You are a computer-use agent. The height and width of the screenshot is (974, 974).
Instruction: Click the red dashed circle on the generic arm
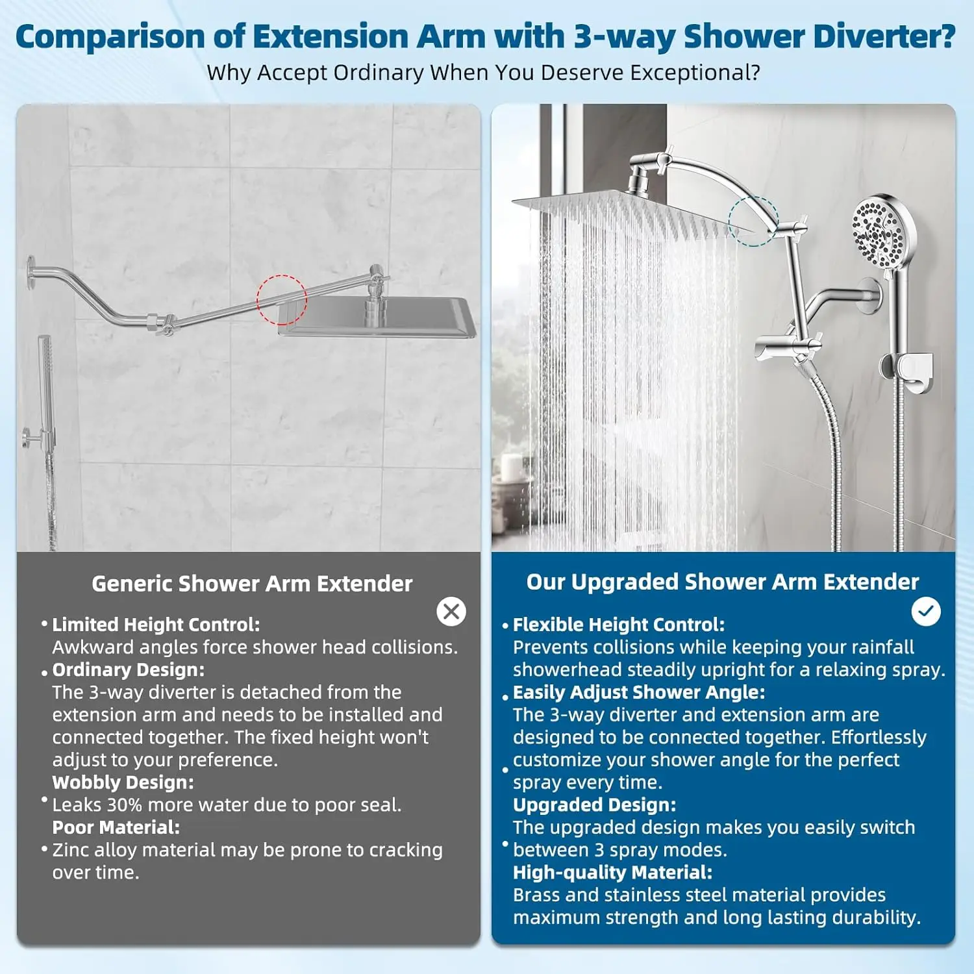click(x=281, y=300)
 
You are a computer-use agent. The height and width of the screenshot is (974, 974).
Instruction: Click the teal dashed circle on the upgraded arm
click(x=753, y=221)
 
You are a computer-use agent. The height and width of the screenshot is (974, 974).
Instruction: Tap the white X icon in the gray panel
click(x=451, y=612)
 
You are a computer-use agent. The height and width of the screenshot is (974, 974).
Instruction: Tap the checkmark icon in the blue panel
click(x=925, y=611)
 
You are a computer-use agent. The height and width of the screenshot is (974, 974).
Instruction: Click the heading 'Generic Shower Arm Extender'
click(x=252, y=584)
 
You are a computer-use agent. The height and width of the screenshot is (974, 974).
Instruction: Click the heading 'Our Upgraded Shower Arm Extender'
click(x=722, y=582)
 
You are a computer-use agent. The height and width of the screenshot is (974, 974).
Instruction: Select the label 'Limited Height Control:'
click(x=156, y=625)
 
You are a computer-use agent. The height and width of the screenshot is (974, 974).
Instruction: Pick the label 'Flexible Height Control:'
click(x=618, y=625)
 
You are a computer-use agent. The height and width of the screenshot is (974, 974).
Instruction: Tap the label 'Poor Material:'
click(x=116, y=827)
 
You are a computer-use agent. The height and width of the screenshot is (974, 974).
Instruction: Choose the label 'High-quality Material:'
click(x=612, y=873)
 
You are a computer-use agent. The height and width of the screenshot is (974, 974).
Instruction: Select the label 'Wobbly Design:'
click(x=123, y=782)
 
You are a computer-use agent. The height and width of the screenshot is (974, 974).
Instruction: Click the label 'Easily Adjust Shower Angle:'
click(x=639, y=692)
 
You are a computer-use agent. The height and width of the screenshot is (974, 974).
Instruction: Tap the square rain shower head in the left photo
click(x=377, y=317)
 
